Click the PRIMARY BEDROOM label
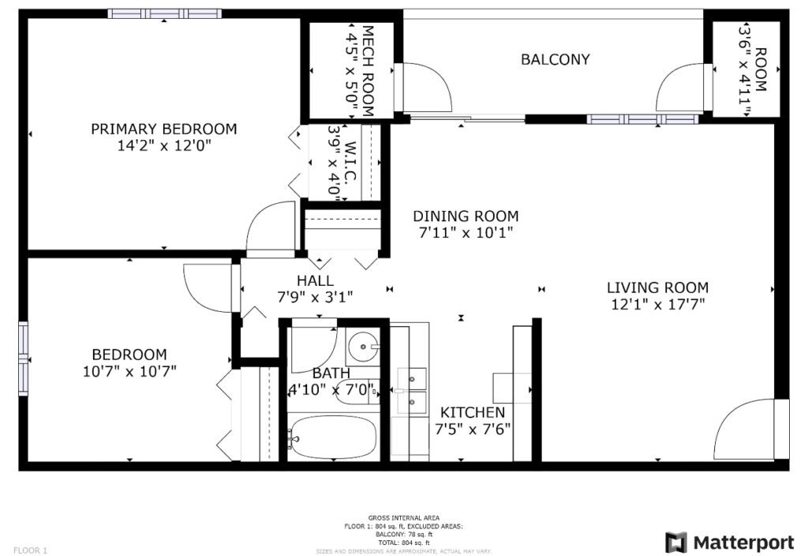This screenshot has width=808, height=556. pos(163,129)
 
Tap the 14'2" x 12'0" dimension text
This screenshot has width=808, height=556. pos(163,146)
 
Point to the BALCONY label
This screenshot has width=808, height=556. pos(555,59)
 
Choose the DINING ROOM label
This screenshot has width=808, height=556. pos(466,216)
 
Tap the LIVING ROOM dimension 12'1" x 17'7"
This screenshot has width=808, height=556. pos(657,303)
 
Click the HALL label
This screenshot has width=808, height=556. pos(315,280)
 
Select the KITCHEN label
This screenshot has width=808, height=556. pos(472,412)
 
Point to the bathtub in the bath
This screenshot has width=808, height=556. pos(332,438)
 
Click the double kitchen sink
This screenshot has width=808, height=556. pos(412,390)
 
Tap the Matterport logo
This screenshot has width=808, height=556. pos(729,542)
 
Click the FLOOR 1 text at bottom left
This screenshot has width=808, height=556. pos(30,550)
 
